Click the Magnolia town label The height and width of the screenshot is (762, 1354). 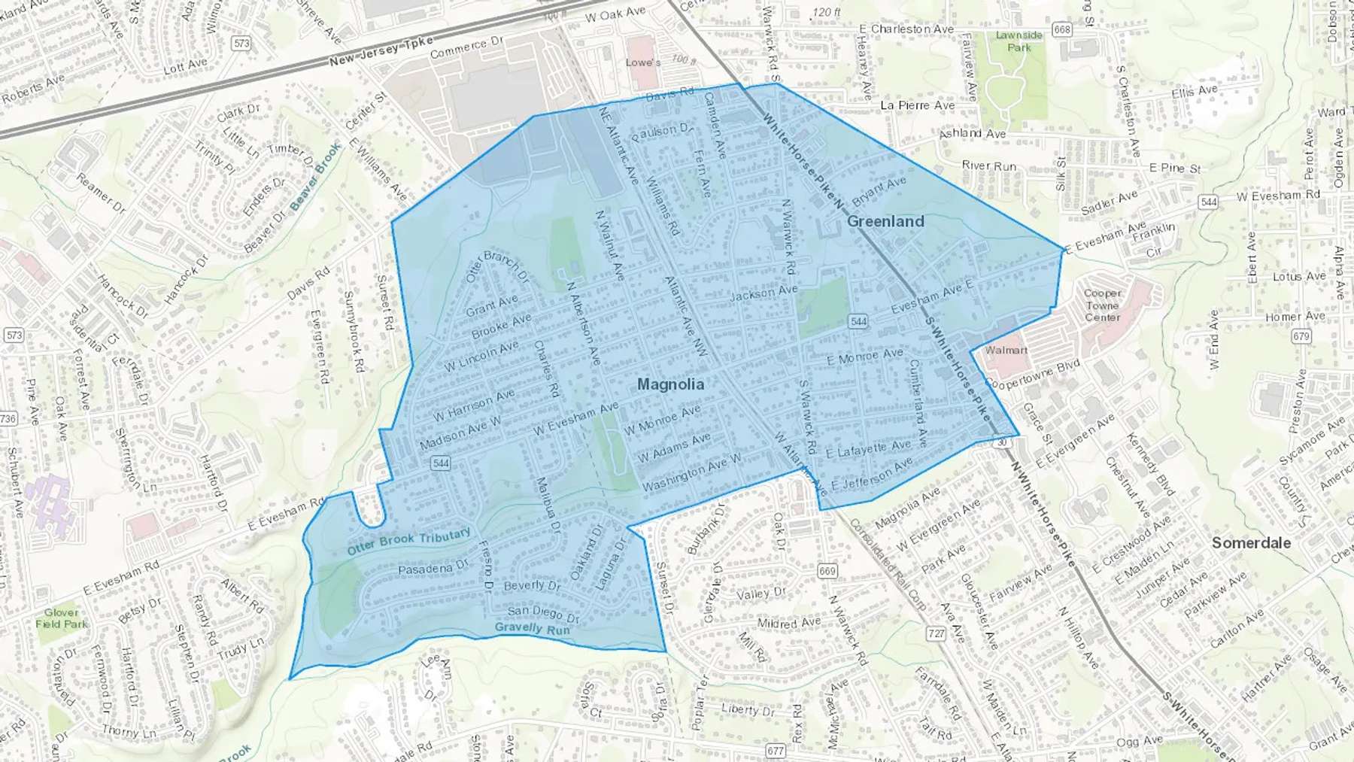(x=670, y=384)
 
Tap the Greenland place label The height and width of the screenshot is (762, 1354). (x=885, y=221)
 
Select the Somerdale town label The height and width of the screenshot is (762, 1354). (x=1251, y=542)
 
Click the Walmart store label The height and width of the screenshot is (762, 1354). (x=1006, y=350)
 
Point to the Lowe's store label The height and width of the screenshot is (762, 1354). (x=643, y=62)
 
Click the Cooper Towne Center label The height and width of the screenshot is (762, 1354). (x=1102, y=305)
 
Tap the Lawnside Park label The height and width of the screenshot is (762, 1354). (x=1019, y=41)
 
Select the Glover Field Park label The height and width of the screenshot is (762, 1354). (x=61, y=618)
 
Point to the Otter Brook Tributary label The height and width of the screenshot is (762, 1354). (x=408, y=542)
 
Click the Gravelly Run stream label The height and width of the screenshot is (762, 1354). (x=532, y=628)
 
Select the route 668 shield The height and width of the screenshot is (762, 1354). (x=1061, y=30)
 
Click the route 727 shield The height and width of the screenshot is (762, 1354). (x=936, y=633)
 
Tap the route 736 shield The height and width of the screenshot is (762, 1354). (x=8, y=418)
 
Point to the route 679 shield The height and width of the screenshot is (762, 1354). (x=1301, y=336)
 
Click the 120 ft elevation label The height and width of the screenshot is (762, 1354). (x=826, y=12)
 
